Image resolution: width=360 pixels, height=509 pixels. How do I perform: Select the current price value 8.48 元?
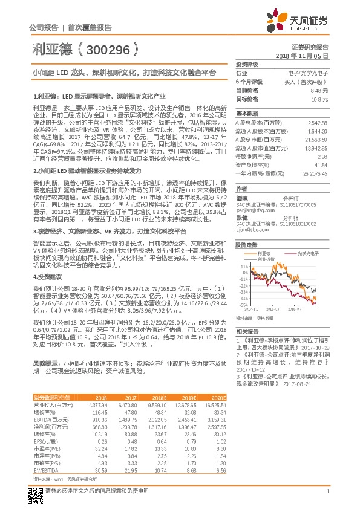click(x=319, y=90)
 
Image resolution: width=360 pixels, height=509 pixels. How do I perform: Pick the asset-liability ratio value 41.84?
click(x=321, y=164)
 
